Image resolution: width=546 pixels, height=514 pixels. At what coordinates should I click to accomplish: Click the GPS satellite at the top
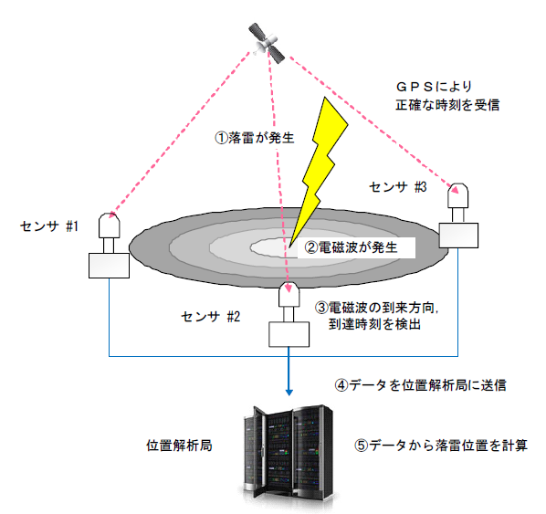267,43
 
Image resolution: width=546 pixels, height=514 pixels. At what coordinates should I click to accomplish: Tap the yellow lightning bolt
320,167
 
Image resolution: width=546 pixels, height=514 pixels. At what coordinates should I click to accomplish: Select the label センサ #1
49,226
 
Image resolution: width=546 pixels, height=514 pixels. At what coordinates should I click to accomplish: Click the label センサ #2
211,317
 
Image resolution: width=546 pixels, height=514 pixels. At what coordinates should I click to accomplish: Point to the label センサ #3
398,187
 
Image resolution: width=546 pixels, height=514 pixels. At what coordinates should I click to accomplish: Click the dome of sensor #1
110,226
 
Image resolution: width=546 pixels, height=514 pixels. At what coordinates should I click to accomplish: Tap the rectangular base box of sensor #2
289,334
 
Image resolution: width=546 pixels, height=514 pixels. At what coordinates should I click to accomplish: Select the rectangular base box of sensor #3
458,236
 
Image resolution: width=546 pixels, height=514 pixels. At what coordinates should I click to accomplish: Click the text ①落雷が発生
255,138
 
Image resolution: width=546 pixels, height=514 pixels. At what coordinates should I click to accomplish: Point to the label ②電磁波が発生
351,247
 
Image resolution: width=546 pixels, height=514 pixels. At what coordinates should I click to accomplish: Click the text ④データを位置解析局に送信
420,385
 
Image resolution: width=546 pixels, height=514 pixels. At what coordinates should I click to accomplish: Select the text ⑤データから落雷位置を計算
441,446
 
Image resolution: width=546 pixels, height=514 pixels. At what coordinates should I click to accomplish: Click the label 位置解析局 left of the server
179,446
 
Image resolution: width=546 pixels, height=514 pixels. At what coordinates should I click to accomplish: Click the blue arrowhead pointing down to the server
289,392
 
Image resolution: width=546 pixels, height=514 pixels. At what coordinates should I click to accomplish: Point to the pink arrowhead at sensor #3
454,190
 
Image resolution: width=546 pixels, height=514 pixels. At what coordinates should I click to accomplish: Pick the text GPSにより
434,87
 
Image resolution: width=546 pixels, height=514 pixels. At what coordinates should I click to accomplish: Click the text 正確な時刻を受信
447,105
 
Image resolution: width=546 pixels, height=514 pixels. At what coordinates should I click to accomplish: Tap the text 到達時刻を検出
374,324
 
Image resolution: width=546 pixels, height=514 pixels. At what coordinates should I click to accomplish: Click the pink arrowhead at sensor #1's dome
110,215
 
